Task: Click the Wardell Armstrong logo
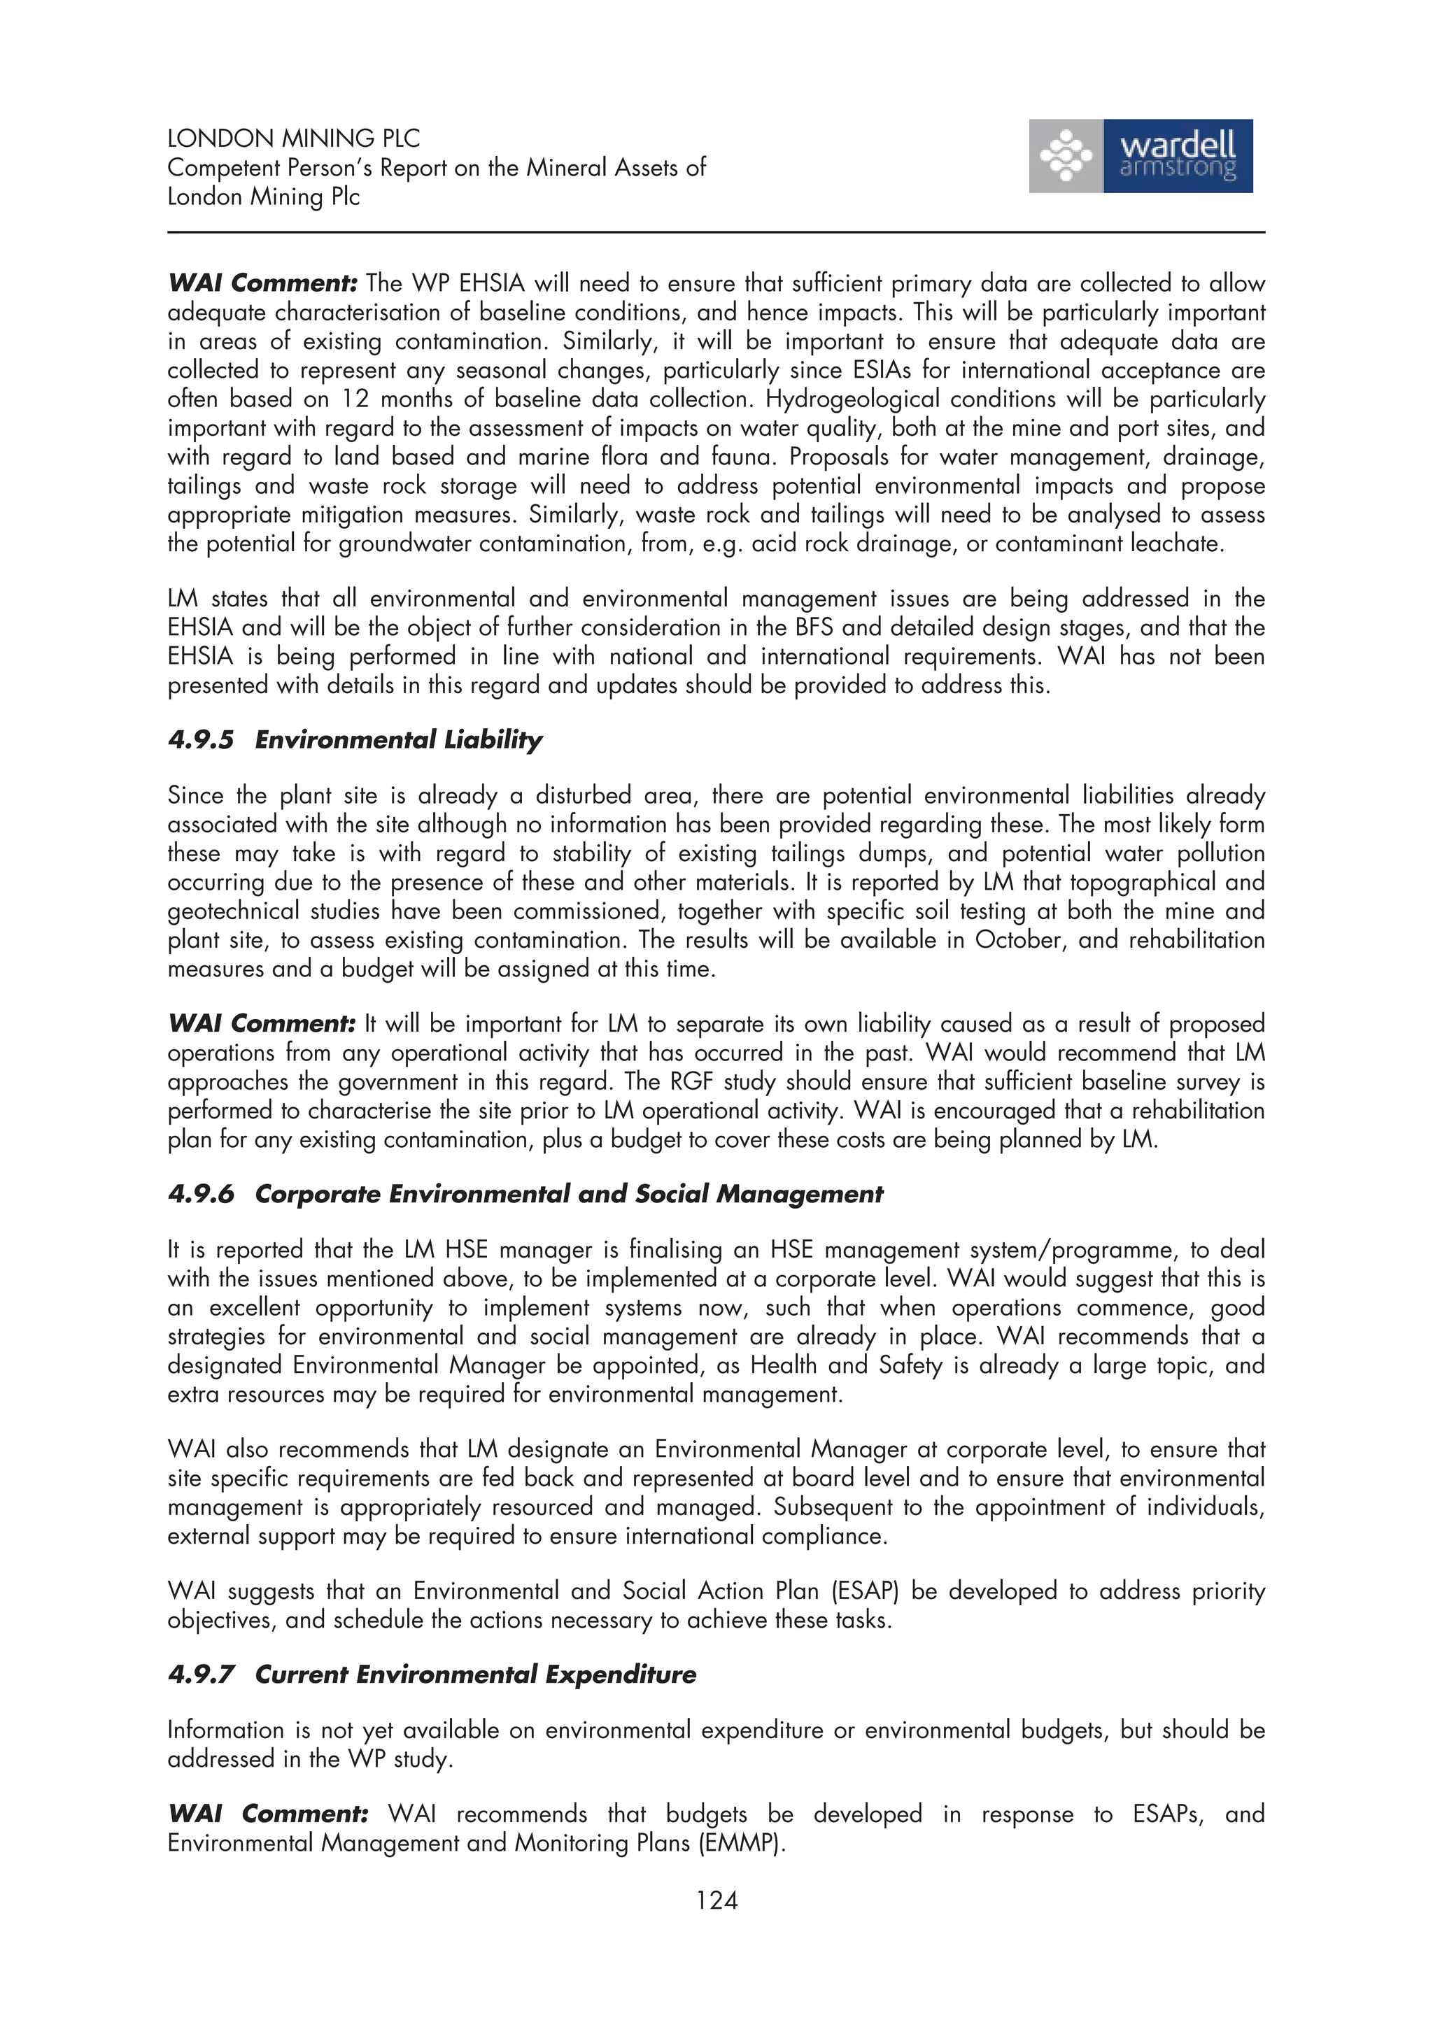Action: click(1140, 156)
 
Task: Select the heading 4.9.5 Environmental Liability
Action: click(355, 740)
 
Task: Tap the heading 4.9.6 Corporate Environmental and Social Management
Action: click(525, 1195)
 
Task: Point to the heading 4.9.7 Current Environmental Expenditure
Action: click(432, 1674)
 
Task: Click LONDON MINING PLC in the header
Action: click(293, 138)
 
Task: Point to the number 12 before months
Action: click(355, 399)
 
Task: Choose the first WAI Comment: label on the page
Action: click(262, 283)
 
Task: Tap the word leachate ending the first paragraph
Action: click(1179, 544)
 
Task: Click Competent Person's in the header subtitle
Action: click(269, 168)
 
